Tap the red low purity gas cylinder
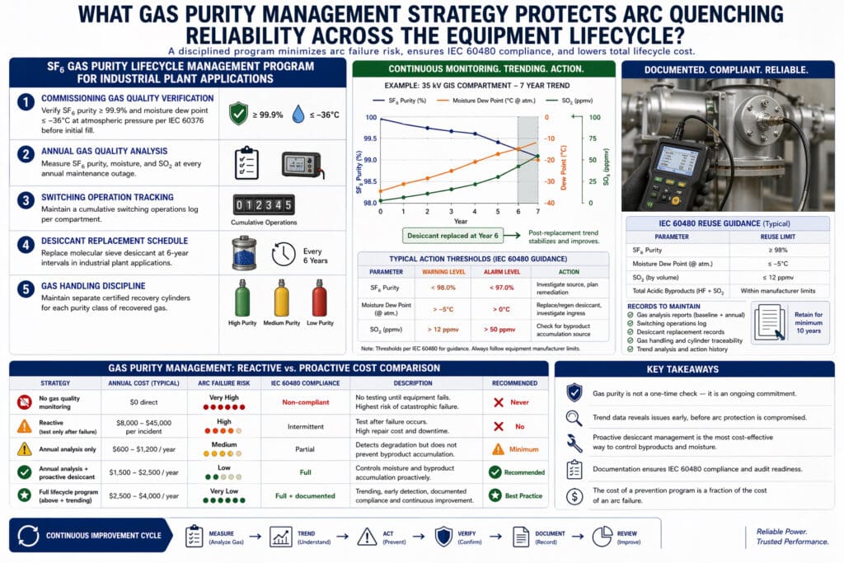click(x=319, y=298)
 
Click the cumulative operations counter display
click(x=264, y=204)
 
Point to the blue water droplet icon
click(x=298, y=114)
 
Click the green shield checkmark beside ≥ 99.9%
click(x=238, y=114)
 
